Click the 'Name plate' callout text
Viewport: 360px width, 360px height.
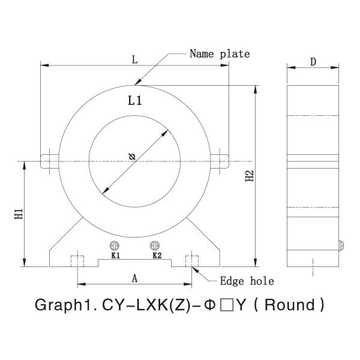point(220,54)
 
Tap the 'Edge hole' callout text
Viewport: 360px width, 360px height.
point(247,281)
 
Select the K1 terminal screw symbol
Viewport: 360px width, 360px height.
point(115,245)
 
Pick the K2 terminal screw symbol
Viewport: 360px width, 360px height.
point(155,245)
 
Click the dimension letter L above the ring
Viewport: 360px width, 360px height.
point(135,59)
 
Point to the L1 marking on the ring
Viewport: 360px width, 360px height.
point(135,101)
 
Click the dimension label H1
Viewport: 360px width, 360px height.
point(19,214)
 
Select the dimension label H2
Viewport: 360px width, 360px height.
point(250,176)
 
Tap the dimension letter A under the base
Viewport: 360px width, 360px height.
point(134,278)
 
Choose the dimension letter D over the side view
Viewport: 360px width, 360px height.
point(313,62)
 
